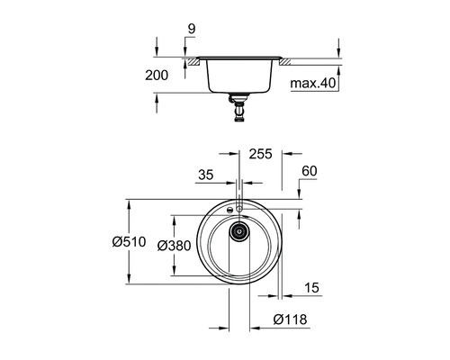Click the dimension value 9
tap(192, 29)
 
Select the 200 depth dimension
tap(157, 75)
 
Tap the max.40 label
tap(313, 83)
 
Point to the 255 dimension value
tap(261, 154)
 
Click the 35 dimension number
tap(206, 175)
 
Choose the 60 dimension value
tap(310, 171)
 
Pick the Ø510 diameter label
tap(129, 242)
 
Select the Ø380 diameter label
tap(174, 246)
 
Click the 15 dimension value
tap(311, 288)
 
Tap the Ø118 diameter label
tap(290, 319)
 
